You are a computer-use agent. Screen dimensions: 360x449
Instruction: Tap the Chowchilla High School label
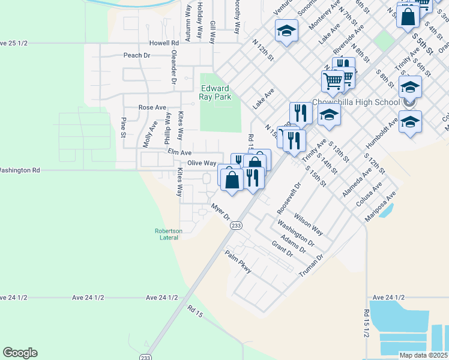point(356,102)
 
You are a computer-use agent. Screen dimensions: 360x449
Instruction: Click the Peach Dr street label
point(136,55)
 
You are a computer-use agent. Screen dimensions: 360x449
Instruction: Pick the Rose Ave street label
point(152,107)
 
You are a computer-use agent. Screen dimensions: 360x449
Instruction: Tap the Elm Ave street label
point(179,152)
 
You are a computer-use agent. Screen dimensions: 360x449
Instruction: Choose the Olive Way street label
point(202,163)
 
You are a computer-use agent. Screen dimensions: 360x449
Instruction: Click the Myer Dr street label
point(220,212)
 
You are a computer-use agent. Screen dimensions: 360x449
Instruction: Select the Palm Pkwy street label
point(238,263)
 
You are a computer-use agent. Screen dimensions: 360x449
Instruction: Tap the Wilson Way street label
point(309,224)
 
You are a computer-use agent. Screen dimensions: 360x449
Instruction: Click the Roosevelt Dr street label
point(288,199)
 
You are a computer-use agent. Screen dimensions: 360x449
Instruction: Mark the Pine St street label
point(124,127)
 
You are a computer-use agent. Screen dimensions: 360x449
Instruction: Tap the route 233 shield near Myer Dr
point(236,225)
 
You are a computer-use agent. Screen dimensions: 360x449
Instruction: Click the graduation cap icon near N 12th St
point(287,31)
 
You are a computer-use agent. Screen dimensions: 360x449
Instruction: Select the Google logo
point(20,353)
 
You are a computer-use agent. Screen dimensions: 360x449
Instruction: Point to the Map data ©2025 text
point(424,355)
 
